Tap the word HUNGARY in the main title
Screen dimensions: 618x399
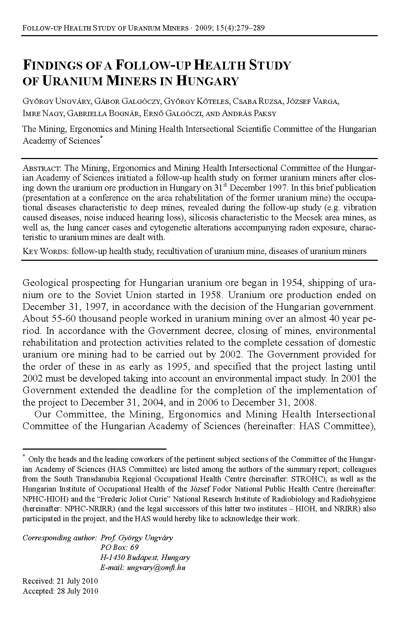click(x=208, y=81)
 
